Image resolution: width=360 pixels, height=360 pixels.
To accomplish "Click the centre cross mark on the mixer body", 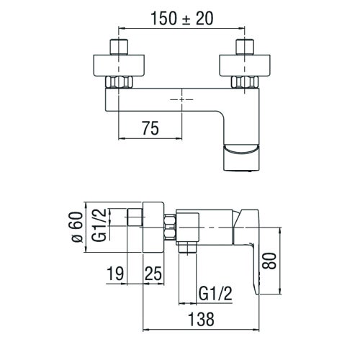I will (181, 96).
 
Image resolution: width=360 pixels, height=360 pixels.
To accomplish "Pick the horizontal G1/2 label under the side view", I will (215, 293).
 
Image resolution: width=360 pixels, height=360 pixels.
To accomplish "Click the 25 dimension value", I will (153, 274).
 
